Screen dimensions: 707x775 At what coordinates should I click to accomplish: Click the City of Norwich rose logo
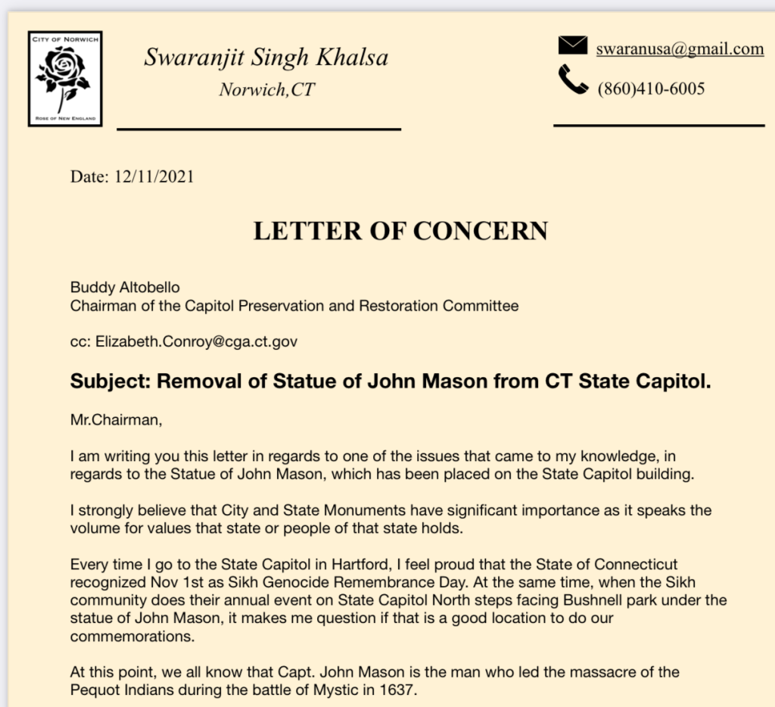click(64, 78)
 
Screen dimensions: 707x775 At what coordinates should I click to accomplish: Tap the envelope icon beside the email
click(573, 46)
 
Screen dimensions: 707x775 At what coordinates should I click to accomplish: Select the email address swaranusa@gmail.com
click(680, 49)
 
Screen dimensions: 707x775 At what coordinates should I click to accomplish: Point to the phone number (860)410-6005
click(651, 89)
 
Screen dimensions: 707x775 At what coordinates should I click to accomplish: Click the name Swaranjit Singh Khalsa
click(266, 57)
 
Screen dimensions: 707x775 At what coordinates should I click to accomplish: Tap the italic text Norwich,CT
click(266, 90)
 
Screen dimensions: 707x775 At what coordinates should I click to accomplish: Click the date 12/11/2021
click(154, 177)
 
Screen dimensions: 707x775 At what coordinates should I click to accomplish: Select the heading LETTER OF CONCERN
click(400, 231)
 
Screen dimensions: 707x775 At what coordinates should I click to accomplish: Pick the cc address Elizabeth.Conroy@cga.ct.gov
click(196, 341)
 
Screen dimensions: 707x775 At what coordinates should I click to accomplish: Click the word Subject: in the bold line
click(110, 381)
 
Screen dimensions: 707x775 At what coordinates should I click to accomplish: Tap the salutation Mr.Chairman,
click(116, 421)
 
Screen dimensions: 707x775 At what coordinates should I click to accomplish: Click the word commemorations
click(130, 636)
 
